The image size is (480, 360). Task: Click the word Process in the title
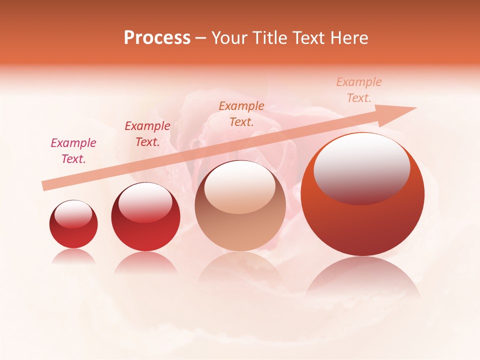(157, 38)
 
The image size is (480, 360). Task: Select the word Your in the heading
(228, 38)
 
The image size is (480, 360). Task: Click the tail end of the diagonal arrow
(45, 185)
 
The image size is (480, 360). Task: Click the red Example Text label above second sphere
(147, 134)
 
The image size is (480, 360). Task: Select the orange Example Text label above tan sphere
(241, 113)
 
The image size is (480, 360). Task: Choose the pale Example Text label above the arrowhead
(359, 90)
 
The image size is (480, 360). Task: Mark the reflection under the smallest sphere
(73, 256)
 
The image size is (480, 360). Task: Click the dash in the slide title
(201, 38)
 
